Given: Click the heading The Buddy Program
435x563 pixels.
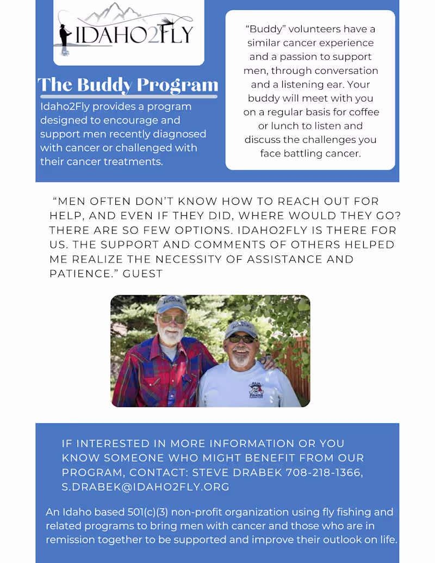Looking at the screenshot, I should click(x=128, y=85).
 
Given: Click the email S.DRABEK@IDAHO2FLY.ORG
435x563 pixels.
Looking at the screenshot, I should click(x=145, y=486).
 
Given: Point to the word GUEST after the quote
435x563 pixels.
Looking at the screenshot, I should click(x=142, y=273).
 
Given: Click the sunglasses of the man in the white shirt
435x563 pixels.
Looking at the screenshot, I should click(x=241, y=339).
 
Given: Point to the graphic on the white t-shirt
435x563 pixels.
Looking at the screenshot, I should click(x=256, y=389).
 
